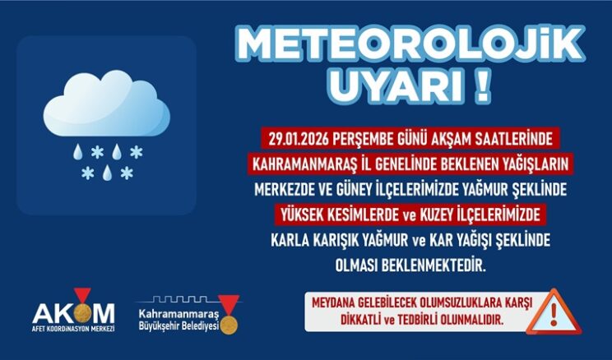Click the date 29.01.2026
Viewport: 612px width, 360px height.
(302, 136)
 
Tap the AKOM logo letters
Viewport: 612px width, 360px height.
(74, 312)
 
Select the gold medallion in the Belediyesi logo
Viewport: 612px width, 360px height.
(228, 322)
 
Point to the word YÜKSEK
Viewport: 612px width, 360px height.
(305, 216)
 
